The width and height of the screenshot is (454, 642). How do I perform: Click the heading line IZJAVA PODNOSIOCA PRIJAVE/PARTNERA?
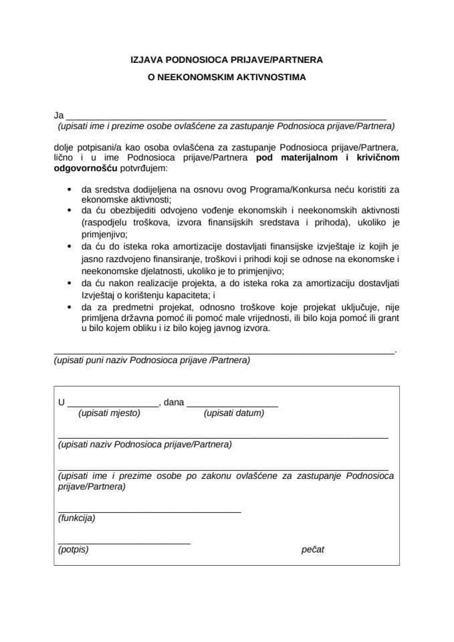coord(227,60)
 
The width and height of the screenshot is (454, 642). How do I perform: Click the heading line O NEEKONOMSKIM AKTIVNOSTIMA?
coord(227,78)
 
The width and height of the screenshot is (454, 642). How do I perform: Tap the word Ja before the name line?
coord(58,116)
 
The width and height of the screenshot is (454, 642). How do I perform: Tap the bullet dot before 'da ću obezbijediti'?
coord(71,210)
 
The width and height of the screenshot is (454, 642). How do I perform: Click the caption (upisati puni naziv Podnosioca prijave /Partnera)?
coord(152,360)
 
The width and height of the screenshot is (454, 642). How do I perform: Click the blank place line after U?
coord(113,406)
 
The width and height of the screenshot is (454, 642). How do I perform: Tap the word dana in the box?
coord(173,403)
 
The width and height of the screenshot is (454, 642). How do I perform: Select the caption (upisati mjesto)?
coord(109,413)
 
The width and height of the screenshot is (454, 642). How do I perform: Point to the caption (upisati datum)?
coord(233,413)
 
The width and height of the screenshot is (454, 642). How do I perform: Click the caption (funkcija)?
coord(76,518)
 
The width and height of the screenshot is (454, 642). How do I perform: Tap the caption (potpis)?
coord(73,550)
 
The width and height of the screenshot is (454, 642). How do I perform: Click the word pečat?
coord(313,550)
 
